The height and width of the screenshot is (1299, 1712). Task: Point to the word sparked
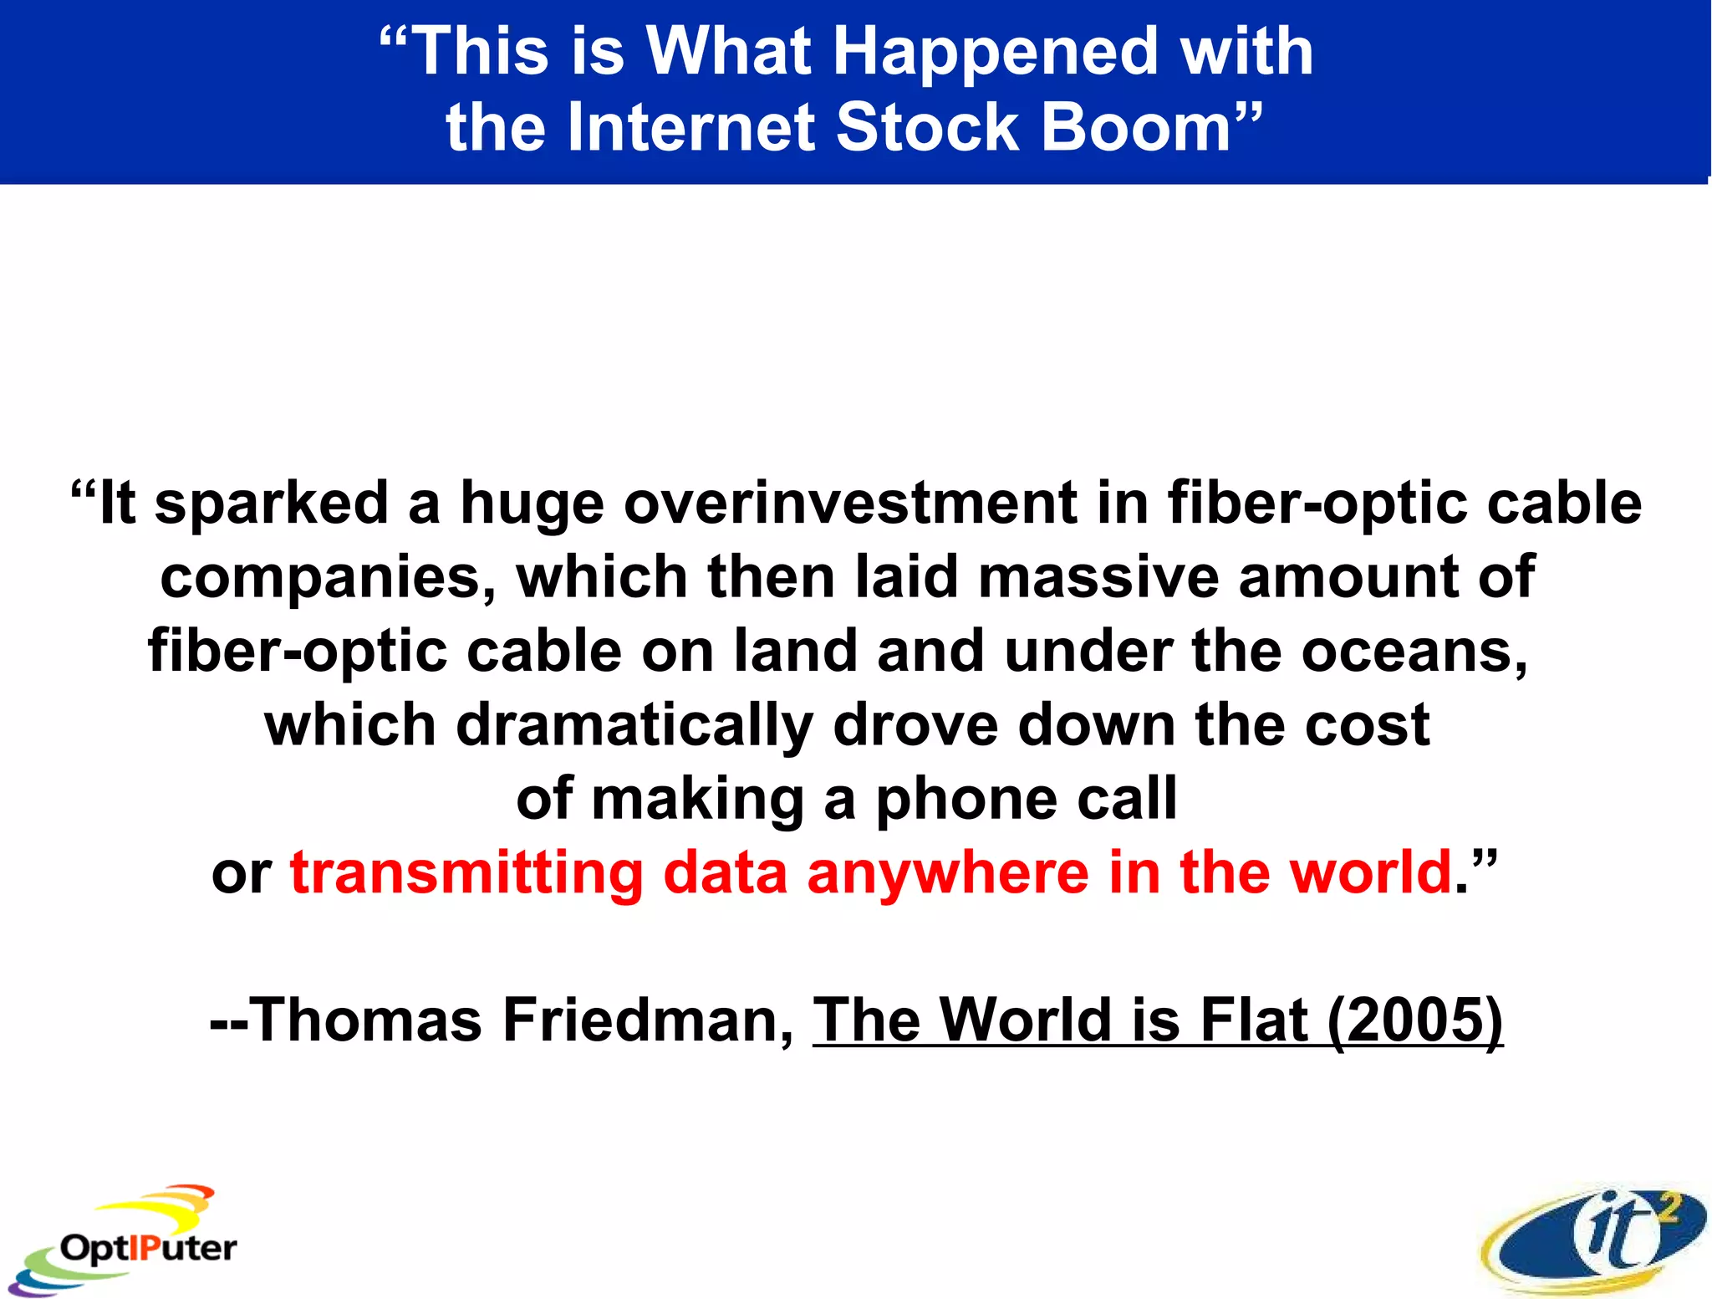272,504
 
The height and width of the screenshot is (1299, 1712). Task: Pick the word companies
328,578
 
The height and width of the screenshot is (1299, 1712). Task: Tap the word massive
1097,577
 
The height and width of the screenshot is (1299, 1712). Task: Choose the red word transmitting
466,873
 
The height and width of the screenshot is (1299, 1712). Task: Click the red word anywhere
948,873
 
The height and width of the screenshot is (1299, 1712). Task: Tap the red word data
726,873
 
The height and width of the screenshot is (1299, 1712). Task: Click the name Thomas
366,1020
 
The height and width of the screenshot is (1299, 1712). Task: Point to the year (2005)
1414,1020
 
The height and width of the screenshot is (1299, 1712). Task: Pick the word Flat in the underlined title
1254,1020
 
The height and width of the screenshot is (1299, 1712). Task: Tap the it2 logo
1595,1238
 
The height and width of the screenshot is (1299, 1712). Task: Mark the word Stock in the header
928,128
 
